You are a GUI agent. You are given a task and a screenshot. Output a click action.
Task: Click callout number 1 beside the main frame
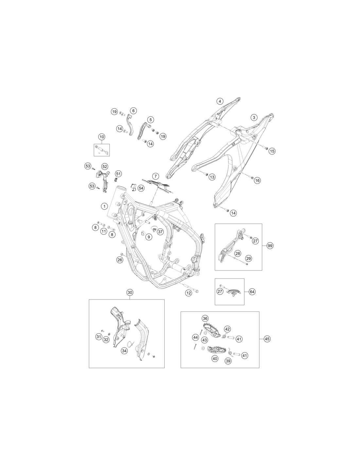(104, 206)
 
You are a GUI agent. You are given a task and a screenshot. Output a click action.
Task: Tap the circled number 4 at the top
(220, 101)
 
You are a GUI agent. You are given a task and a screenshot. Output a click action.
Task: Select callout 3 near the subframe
(254, 117)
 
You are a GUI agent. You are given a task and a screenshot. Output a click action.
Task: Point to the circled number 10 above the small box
(102, 137)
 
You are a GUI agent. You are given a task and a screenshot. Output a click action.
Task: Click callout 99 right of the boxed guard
(270, 246)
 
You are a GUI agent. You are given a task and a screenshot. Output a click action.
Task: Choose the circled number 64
(252, 292)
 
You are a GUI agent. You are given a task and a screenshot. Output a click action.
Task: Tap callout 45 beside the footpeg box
(267, 339)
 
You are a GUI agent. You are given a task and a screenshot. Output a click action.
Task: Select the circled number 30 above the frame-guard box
(130, 292)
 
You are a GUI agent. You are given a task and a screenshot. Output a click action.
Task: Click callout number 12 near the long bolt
(189, 293)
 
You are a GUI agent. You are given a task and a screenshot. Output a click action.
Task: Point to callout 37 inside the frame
(160, 232)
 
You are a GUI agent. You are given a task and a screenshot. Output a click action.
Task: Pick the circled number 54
(141, 188)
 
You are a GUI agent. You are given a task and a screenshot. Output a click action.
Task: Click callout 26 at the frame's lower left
(120, 260)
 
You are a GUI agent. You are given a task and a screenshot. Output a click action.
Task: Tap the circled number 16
(257, 181)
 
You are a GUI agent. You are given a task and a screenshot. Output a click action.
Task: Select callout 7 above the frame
(155, 176)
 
